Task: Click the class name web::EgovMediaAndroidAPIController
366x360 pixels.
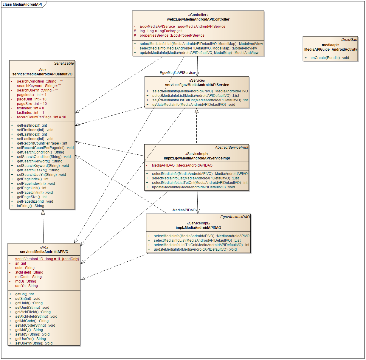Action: click(x=198, y=19)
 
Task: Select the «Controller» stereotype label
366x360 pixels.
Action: click(x=198, y=15)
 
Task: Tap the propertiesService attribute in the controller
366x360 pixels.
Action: click(x=172, y=35)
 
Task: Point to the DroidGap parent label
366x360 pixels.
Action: click(x=349, y=40)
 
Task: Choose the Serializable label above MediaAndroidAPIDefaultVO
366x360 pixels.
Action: click(x=64, y=63)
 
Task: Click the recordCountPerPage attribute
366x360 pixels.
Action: click(x=41, y=117)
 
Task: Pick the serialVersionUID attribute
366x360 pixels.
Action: click(x=47, y=259)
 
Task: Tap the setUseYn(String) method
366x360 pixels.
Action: click(x=34, y=343)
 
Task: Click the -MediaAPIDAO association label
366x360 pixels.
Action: click(x=184, y=210)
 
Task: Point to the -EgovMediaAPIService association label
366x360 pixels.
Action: click(x=177, y=73)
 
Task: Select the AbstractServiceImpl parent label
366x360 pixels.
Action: click(x=231, y=148)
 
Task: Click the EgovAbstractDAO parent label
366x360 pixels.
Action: click(x=235, y=217)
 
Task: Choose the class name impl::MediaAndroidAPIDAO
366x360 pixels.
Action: click(x=198, y=228)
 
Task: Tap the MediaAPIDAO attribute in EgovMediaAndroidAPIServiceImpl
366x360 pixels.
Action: click(x=182, y=165)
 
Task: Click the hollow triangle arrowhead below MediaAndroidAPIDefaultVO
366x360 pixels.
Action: click(x=43, y=212)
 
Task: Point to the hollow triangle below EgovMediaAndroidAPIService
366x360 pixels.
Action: click(x=196, y=111)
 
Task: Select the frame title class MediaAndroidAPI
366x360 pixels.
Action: click(x=22, y=4)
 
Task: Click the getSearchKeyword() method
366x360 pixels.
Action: click(x=39, y=161)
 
